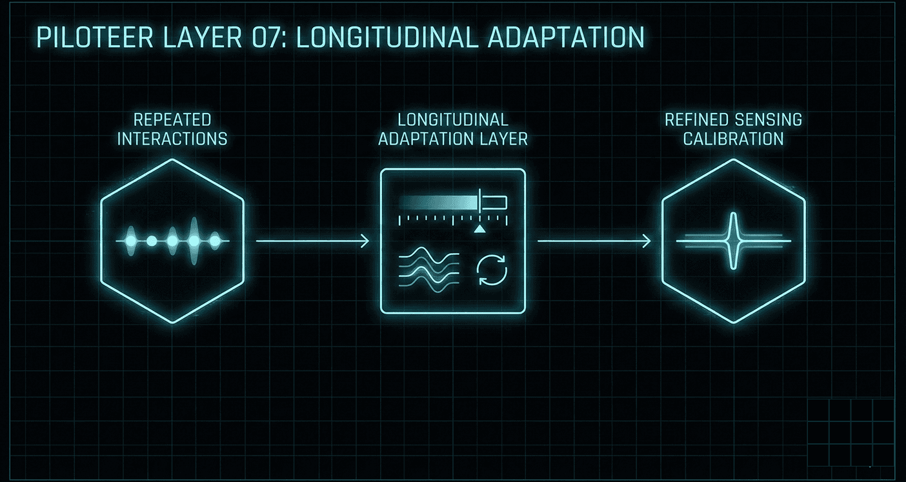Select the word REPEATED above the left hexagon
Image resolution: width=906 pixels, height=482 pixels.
(172, 120)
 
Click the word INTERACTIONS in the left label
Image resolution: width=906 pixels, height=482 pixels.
(172, 139)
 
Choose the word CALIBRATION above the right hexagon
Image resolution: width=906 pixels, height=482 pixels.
(734, 139)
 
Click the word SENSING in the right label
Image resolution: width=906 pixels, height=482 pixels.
(768, 120)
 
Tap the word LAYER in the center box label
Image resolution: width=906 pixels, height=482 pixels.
(504, 139)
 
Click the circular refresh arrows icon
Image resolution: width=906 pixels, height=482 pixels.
(492, 270)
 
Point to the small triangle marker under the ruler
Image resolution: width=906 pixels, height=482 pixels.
(479, 229)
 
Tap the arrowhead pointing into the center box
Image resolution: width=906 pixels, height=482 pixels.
(365, 241)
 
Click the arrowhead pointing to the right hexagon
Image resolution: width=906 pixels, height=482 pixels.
(647, 241)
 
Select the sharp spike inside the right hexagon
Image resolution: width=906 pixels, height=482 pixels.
(733, 241)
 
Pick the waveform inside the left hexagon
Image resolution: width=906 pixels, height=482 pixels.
(172, 241)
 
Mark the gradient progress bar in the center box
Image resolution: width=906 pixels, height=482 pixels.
(439, 203)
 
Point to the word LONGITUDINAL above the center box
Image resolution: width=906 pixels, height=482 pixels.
(453, 120)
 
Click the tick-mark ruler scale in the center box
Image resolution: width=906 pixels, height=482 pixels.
(452, 219)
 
